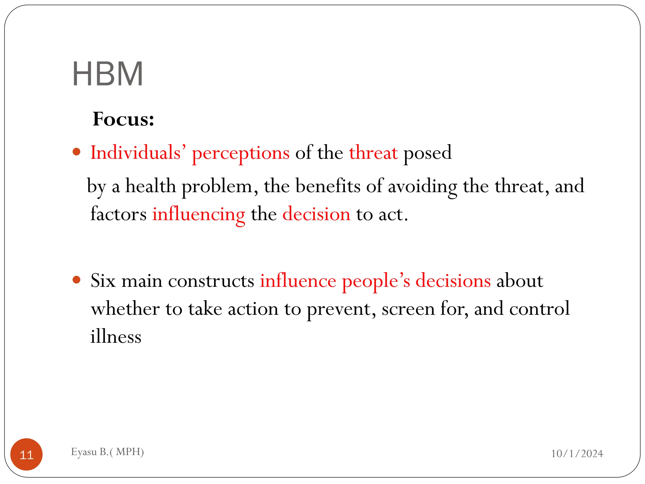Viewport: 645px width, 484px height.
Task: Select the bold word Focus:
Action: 123,119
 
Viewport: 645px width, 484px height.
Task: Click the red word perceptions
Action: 241,153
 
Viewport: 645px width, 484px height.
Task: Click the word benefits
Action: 328,186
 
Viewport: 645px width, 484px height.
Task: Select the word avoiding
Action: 422,187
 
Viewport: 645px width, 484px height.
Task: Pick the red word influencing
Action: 198,215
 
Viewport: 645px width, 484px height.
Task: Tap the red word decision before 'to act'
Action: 316,214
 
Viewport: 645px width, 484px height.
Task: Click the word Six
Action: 103,280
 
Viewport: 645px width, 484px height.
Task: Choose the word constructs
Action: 211,281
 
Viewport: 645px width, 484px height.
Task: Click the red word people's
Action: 376,281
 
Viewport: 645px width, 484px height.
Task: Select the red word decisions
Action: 453,280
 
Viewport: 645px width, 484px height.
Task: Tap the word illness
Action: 116,337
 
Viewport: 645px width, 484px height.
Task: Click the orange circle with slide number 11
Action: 26,454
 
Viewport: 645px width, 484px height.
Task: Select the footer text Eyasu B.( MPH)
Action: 107,452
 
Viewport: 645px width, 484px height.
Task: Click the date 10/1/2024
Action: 577,454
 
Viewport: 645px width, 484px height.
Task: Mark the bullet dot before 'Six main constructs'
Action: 77,280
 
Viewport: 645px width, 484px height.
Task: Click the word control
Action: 539,308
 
